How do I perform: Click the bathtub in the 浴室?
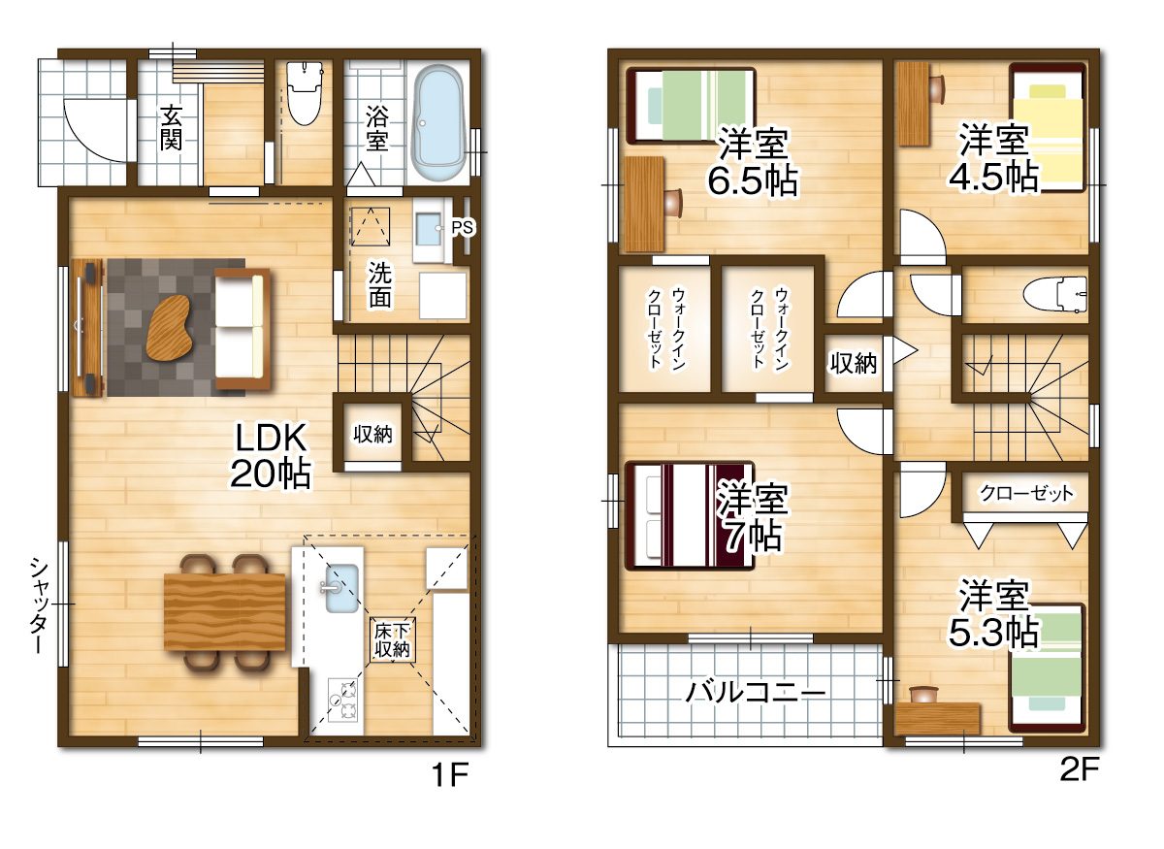coord(438,123)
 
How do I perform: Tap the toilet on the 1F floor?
coord(305,93)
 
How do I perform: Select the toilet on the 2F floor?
coord(1055,294)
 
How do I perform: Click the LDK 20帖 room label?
coord(271,455)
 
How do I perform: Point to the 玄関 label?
coord(171,127)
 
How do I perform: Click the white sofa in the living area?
coord(242,328)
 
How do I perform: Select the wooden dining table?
coord(224,611)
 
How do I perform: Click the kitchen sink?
coord(341,588)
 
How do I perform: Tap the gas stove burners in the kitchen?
coord(341,701)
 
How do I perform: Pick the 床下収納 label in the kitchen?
coord(392,640)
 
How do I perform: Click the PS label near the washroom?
coord(462,227)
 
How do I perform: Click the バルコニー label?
coord(755,692)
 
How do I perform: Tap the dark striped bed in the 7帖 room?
coord(690,515)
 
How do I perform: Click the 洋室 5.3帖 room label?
coord(993,615)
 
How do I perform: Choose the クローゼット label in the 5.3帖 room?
coord(1026,493)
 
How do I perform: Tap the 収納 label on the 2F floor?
coord(854,363)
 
